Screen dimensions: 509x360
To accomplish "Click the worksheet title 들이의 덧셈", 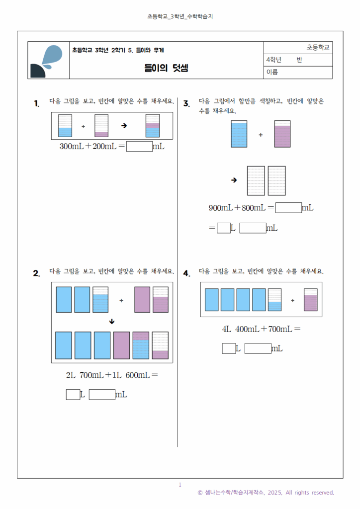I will pos(166,69).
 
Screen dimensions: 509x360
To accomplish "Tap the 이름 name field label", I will pos(272,73).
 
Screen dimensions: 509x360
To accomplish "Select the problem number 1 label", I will pos(37,103).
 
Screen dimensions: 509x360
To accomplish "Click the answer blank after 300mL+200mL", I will pos(139,147).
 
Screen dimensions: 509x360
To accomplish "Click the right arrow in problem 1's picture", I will pos(124,126).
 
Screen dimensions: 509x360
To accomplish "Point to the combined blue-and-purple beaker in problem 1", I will pos(153,126).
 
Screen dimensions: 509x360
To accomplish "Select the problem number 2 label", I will pos(36,273).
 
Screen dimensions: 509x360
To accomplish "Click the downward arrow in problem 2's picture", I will pos(112,322).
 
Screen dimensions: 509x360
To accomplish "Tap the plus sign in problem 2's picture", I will pos(121,300).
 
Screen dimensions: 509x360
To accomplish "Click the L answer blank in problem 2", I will pos(73,395).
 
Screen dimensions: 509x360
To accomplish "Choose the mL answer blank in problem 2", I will pos(102,395).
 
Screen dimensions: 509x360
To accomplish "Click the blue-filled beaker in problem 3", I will pos(239,134).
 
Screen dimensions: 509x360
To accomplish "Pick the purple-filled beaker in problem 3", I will pos(282,134).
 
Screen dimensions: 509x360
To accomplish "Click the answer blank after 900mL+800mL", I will pos(288,208).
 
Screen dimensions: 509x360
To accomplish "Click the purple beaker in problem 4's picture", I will pos(311,300).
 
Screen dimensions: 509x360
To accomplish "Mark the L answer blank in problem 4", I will pos(229,348).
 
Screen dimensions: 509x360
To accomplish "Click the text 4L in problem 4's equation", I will pos(227,329).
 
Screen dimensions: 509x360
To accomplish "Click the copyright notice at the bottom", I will pos(266,493).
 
